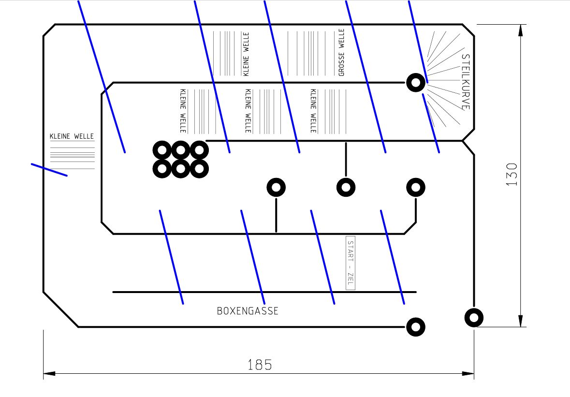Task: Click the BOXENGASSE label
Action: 248,311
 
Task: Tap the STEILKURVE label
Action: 466,82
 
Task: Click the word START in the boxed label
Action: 351,253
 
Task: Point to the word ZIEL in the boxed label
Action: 351,279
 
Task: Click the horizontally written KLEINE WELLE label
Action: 72,137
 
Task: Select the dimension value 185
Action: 260,364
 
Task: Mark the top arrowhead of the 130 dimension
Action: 521,30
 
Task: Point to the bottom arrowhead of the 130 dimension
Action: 521,321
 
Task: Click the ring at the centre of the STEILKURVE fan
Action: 416,83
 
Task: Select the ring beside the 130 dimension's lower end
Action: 474,318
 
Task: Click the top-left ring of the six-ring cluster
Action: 162,150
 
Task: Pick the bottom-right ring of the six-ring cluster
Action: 199,169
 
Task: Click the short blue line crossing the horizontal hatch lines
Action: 49,170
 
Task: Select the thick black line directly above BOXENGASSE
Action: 264,292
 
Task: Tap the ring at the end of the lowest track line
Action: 416,327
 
